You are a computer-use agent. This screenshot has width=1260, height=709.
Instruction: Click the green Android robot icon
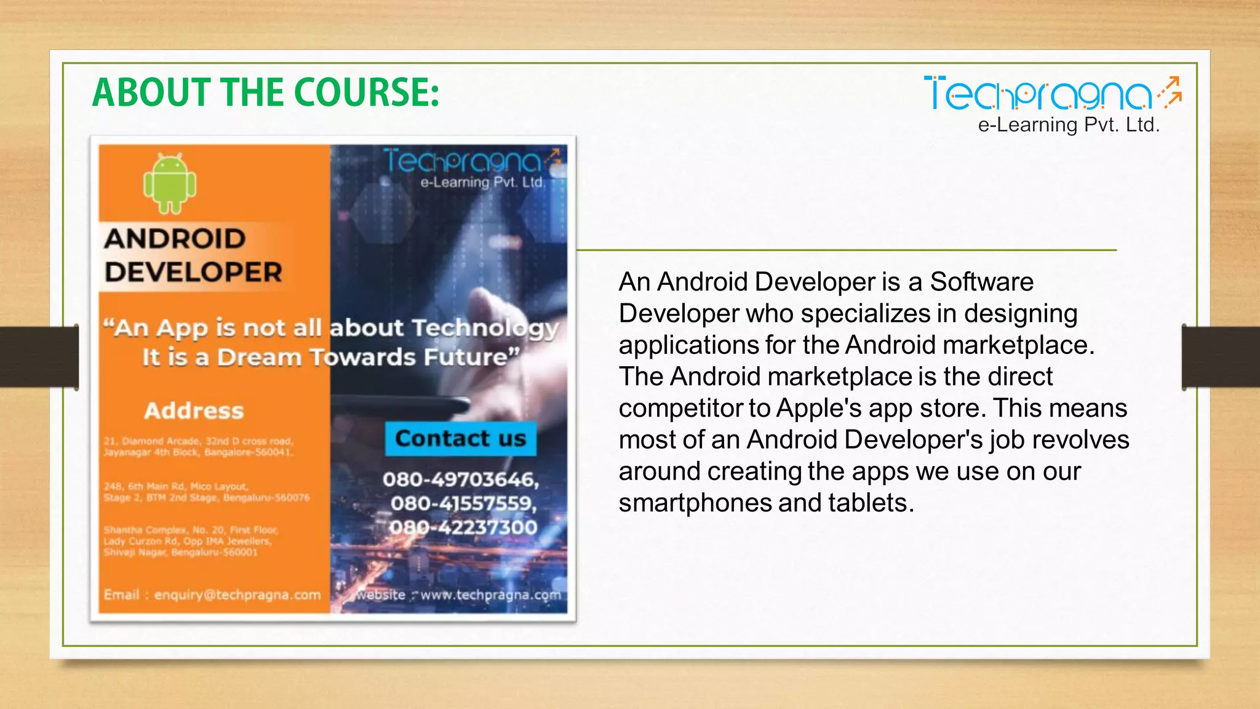click(170, 183)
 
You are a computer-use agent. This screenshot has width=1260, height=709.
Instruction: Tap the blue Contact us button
click(460, 439)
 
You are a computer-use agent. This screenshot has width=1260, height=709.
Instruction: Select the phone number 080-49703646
click(460, 479)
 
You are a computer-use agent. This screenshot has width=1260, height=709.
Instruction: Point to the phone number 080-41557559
click(463, 503)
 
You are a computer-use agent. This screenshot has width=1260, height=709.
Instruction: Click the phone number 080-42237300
click(463, 527)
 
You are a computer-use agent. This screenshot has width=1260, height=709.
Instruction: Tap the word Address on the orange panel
click(194, 411)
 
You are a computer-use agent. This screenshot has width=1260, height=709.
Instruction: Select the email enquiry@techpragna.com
click(237, 595)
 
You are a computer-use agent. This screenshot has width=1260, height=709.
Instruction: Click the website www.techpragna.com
click(490, 595)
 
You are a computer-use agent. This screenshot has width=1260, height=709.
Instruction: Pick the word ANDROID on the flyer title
click(175, 239)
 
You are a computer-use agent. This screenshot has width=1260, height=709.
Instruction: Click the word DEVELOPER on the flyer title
click(193, 272)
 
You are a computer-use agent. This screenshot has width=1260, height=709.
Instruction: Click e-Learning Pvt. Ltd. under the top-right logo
click(1069, 125)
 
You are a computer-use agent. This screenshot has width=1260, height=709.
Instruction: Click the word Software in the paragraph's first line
click(981, 282)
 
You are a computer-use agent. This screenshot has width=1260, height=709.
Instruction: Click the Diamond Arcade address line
click(199, 441)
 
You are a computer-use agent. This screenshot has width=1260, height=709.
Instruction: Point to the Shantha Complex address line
click(191, 530)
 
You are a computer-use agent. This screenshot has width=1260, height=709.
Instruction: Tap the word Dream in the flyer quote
click(259, 358)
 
